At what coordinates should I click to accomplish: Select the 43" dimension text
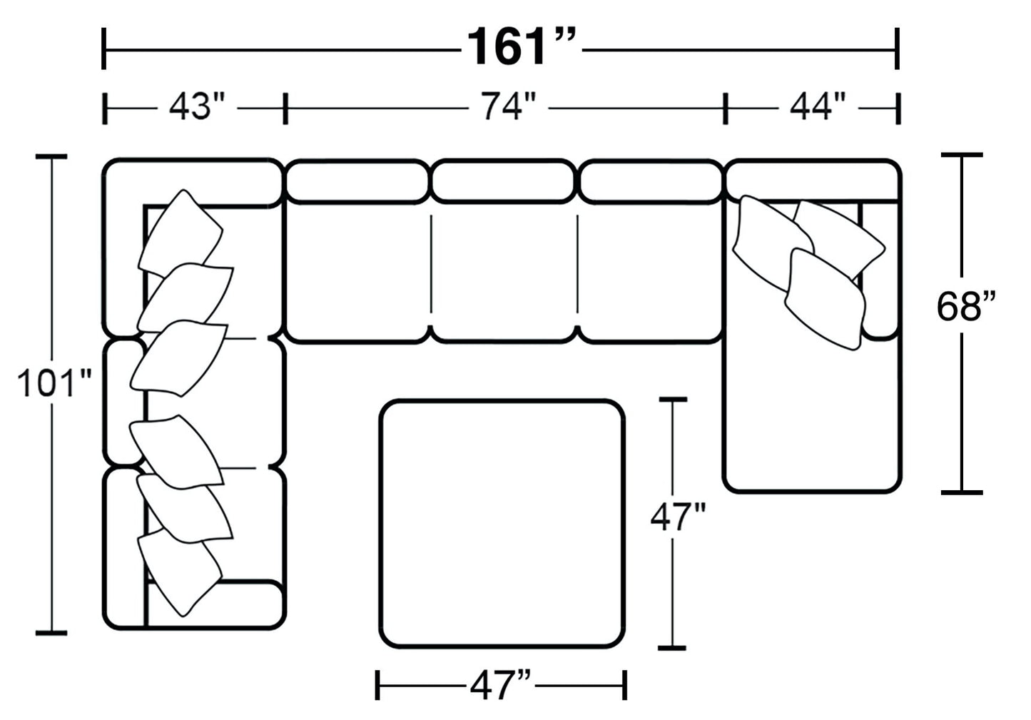click(x=196, y=108)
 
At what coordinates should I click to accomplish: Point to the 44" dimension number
click(x=817, y=108)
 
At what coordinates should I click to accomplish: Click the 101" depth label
click(x=54, y=384)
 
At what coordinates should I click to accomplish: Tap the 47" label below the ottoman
click(x=501, y=687)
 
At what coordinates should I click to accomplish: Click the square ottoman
click(x=502, y=524)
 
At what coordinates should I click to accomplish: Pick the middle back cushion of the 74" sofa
click(x=503, y=181)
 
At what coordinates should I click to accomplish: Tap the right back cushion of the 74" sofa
click(x=650, y=181)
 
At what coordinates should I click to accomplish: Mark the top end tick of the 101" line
click(x=51, y=157)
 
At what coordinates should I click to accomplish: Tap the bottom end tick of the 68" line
click(x=961, y=492)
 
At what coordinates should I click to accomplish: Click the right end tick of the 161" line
click(x=897, y=49)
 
